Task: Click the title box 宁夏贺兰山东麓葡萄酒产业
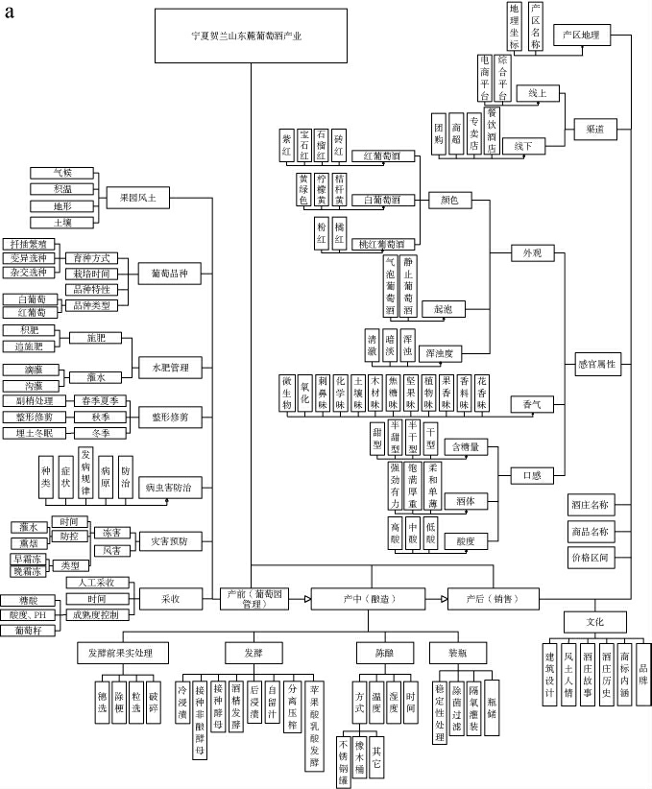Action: click(252, 36)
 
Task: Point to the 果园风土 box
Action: click(138, 198)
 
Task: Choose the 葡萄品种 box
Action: click(169, 274)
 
